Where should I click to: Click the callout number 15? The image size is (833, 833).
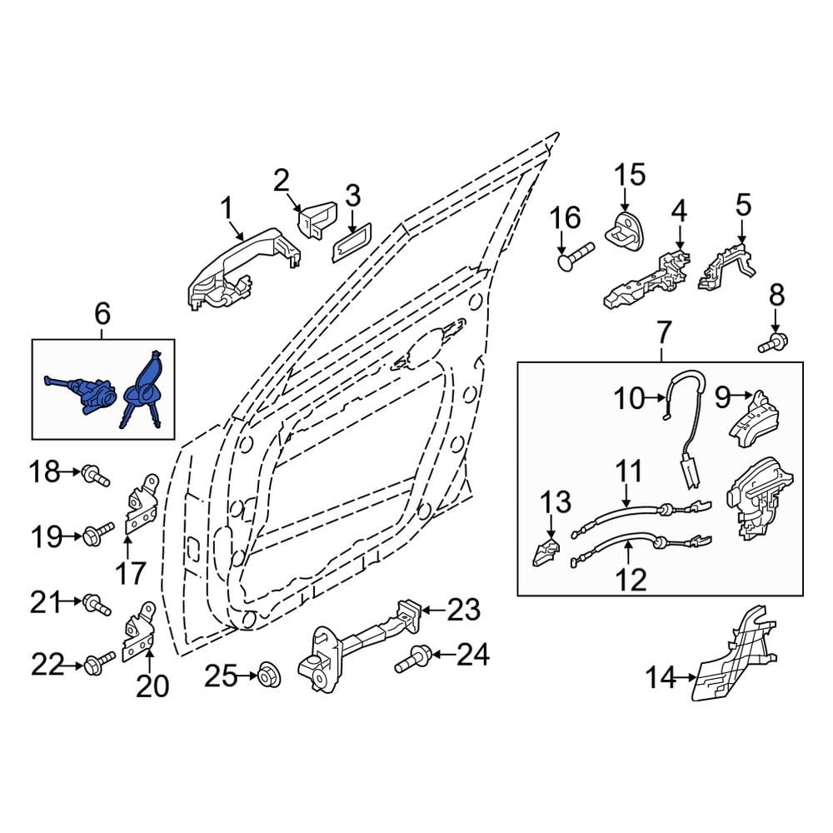click(630, 175)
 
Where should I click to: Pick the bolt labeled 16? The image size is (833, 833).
click(576, 256)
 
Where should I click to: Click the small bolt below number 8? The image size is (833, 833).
click(773, 342)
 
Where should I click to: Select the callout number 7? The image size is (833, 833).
click(664, 332)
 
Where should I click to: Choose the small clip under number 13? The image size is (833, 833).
click(546, 552)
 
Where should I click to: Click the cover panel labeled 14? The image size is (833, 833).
click(736, 652)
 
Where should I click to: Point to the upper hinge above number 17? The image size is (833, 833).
click(142, 503)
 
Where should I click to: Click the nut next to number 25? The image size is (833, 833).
click(269, 676)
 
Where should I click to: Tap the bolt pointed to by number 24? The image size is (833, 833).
click(413, 659)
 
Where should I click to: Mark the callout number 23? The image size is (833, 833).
click(463, 610)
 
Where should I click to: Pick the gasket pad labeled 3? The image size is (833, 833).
click(352, 242)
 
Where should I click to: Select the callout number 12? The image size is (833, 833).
click(632, 580)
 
